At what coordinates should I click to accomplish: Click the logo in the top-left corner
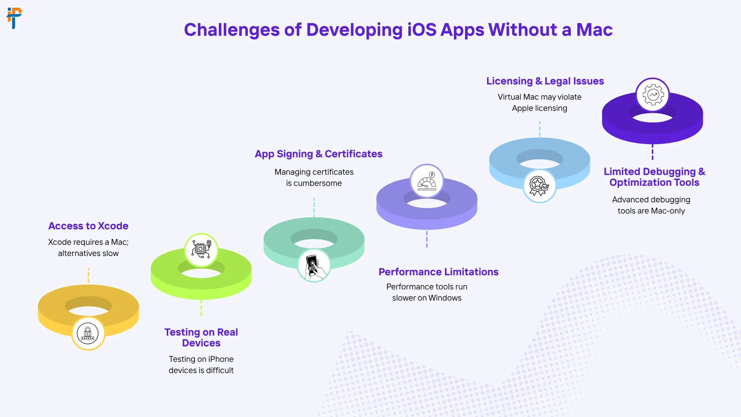(14, 18)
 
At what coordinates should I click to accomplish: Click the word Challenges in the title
(232, 30)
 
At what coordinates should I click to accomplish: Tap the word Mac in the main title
(594, 30)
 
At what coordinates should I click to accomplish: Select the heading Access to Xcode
(88, 226)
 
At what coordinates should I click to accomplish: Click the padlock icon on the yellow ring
(88, 333)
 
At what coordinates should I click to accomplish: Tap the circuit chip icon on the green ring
(201, 250)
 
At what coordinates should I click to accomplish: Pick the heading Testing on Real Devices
(201, 337)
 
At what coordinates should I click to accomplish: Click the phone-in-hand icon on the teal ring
(314, 265)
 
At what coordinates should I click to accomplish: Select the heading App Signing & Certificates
(318, 154)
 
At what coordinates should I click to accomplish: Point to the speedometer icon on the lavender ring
(427, 181)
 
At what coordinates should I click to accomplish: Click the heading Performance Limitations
(438, 272)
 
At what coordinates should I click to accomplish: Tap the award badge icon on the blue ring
(540, 186)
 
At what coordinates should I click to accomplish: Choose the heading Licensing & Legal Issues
(545, 81)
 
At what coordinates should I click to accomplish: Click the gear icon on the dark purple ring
(653, 95)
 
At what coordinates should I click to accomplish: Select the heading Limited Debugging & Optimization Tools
(654, 177)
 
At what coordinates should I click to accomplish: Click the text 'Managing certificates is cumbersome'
(314, 178)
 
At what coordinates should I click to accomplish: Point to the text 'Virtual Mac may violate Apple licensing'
(540, 102)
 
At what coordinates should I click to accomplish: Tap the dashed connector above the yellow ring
(88, 275)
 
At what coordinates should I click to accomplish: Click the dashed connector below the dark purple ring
(653, 152)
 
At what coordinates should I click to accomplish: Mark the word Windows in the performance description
(445, 298)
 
